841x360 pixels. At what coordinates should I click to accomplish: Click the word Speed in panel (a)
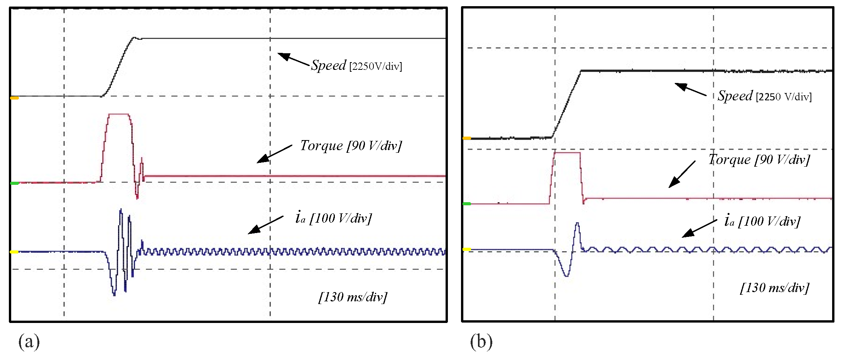(328, 65)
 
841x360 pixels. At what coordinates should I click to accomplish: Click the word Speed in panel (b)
(735, 96)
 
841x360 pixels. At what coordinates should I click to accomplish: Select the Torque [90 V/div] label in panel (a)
(351, 145)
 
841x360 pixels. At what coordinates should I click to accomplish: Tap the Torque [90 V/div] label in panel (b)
(759, 159)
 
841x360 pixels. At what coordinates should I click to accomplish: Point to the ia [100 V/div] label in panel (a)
(333, 218)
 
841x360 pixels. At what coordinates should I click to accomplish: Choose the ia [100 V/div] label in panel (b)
(762, 221)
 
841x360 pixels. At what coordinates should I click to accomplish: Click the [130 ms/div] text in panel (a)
(353, 297)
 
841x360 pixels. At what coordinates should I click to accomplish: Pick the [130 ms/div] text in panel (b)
(774, 287)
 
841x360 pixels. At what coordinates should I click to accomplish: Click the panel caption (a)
(29, 341)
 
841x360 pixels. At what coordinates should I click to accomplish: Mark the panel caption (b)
(481, 341)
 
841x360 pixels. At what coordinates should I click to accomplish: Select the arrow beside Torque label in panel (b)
(682, 174)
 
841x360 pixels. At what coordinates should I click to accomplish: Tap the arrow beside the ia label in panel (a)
(265, 225)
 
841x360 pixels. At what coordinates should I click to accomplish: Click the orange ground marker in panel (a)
(14, 98)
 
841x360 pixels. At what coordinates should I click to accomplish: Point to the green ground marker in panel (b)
(467, 204)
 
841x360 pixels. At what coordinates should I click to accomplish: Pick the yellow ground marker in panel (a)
(14, 252)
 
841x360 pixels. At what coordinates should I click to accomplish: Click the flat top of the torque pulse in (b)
(567, 153)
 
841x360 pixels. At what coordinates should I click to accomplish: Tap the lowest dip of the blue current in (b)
(566, 276)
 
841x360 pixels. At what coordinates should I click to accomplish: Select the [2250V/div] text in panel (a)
(375, 66)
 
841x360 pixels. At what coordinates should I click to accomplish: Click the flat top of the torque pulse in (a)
(119, 114)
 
